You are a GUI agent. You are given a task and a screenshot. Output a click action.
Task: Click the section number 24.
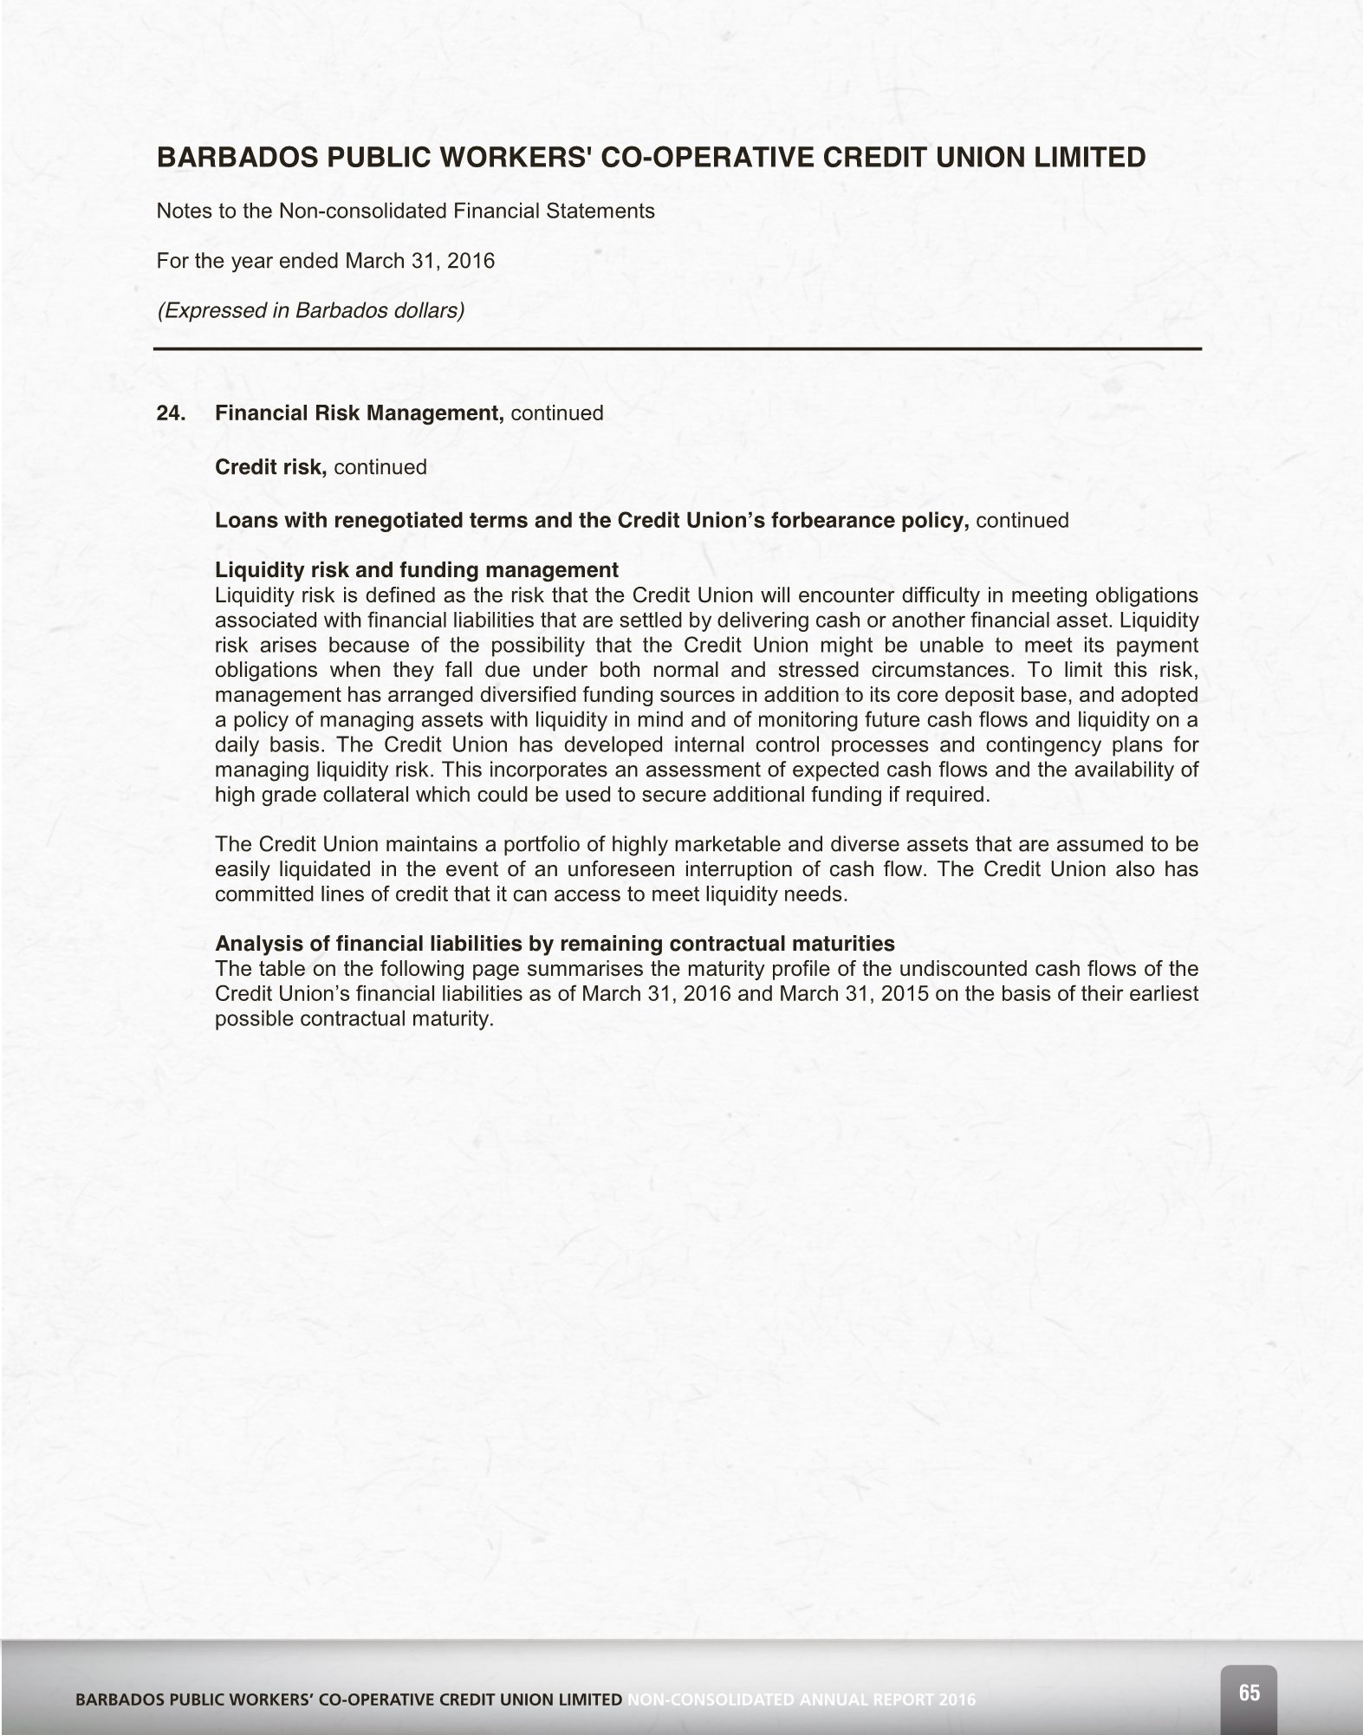(169, 413)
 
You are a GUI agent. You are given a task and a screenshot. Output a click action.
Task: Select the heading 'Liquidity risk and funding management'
(416, 569)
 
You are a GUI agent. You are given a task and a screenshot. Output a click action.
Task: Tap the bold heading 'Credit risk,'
(270, 467)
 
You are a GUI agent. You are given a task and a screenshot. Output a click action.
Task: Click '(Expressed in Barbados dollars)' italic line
(310, 310)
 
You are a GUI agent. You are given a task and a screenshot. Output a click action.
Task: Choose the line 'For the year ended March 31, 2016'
(325, 261)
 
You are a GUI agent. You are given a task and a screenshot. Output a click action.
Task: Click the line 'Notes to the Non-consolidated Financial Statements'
(405, 211)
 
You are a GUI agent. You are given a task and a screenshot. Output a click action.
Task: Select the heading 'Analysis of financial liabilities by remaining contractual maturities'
(555, 943)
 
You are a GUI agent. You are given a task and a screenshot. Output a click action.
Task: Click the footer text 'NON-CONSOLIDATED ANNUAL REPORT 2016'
(802, 1700)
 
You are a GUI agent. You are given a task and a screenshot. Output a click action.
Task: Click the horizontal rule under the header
(678, 349)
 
